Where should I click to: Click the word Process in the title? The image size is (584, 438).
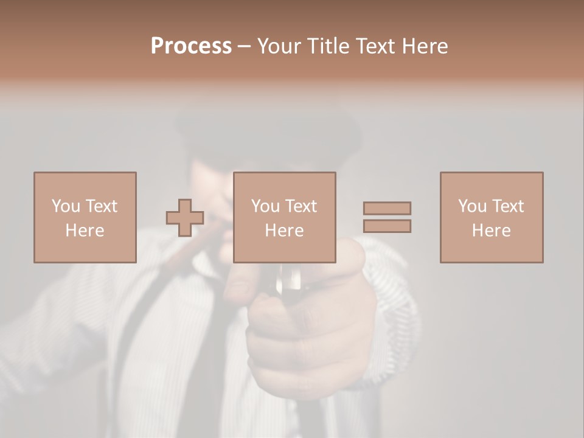pyautogui.click(x=191, y=46)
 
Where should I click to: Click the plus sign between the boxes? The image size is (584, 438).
pyautogui.click(x=185, y=217)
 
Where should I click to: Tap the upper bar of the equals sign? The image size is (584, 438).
pyautogui.click(x=387, y=208)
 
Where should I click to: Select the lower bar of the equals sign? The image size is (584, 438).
pyautogui.click(x=387, y=226)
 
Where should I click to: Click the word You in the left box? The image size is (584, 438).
pyautogui.click(x=66, y=206)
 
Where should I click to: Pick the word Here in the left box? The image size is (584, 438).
pyautogui.click(x=85, y=231)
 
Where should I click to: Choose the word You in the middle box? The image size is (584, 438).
pyautogui.click(x=265, y=206)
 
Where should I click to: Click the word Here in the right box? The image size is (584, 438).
pyautogui.click(x=491, y=231)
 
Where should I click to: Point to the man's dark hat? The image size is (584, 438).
pyautogui.click(x=268, y=131)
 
